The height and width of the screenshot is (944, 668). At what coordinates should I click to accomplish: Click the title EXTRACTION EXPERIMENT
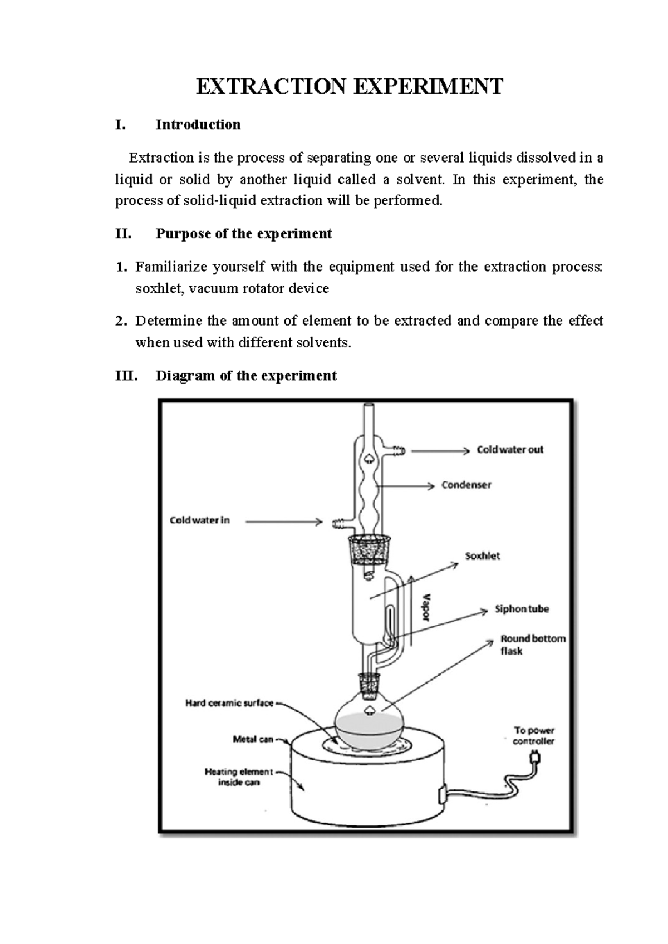[349, 87]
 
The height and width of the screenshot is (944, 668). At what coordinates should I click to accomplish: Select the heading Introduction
[198, 125]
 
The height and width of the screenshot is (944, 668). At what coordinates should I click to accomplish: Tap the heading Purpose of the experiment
[243, 234]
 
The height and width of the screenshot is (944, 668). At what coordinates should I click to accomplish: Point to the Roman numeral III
[126, 376]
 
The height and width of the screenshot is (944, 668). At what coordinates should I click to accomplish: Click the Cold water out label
[509, 450]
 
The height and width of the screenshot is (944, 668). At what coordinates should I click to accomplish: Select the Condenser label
[466, 485]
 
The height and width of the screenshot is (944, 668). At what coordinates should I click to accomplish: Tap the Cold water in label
[199, 520]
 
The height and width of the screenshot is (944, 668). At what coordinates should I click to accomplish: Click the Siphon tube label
[522, 609]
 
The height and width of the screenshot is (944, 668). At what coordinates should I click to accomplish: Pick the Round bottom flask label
[532, 645]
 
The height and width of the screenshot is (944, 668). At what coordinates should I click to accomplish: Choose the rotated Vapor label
[427, 607]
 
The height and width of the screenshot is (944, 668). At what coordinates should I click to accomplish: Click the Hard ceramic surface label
[229, 704]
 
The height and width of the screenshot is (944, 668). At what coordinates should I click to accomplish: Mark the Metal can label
[253, 739]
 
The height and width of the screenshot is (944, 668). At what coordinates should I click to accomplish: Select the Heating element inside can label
[239, 777]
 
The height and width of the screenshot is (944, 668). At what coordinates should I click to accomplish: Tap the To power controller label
[533, 735]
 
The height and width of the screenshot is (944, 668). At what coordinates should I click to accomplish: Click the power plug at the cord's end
[536, 758]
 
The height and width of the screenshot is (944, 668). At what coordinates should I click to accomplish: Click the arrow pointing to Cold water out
[440, 451]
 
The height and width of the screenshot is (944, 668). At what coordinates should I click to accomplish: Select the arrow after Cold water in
[284, 522]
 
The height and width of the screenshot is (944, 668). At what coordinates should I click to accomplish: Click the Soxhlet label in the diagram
[482, 556]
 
